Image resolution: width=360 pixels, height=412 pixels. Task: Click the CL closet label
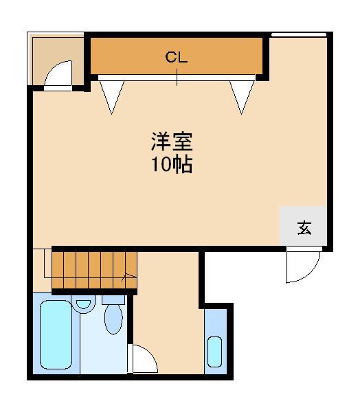(177, 57)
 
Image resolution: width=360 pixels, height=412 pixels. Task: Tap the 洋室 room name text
(172, 141)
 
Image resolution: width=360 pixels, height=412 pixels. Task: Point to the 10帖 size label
(172, 164)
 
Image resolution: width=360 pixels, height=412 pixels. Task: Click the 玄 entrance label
(304, 228)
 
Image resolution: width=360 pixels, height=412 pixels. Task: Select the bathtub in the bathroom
(56, 335)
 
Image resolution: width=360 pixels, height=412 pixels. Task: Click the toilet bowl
(113, 319)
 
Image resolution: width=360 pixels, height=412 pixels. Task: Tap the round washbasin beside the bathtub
(83, 304)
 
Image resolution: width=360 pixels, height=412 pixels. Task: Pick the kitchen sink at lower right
(215, 352)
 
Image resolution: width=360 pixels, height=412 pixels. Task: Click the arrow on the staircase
(129, 277)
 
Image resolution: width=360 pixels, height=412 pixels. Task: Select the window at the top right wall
(299, 35)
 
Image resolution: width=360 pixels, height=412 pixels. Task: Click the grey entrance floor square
(304, 226)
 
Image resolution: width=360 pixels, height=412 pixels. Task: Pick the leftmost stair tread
(58, 270)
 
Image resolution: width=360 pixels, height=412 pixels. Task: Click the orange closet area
(177, 56)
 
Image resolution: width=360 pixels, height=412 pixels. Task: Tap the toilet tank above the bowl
(113, 300)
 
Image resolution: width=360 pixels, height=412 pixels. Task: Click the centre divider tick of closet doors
(177, 77)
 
